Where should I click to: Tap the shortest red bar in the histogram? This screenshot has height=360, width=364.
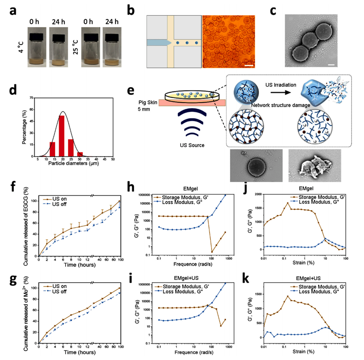pos(80,154)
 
